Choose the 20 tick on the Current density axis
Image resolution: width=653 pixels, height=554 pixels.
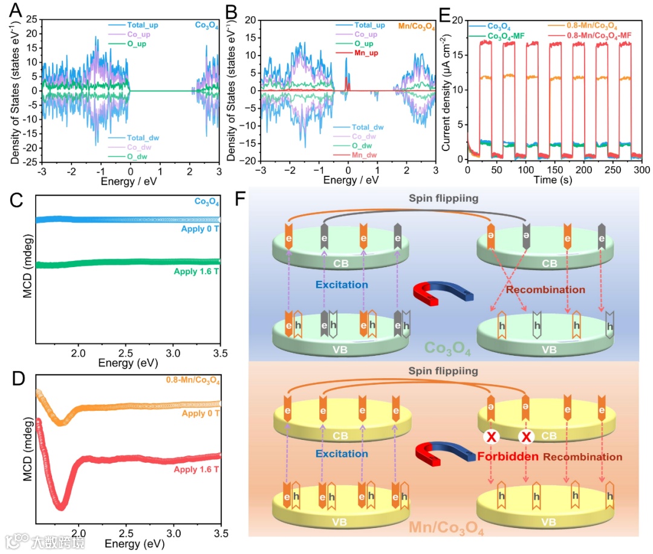(x=457, y=21)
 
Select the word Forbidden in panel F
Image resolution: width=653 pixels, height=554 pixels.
(x=508, y=457)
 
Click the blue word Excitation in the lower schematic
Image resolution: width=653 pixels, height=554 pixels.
(x=342, y=454)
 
